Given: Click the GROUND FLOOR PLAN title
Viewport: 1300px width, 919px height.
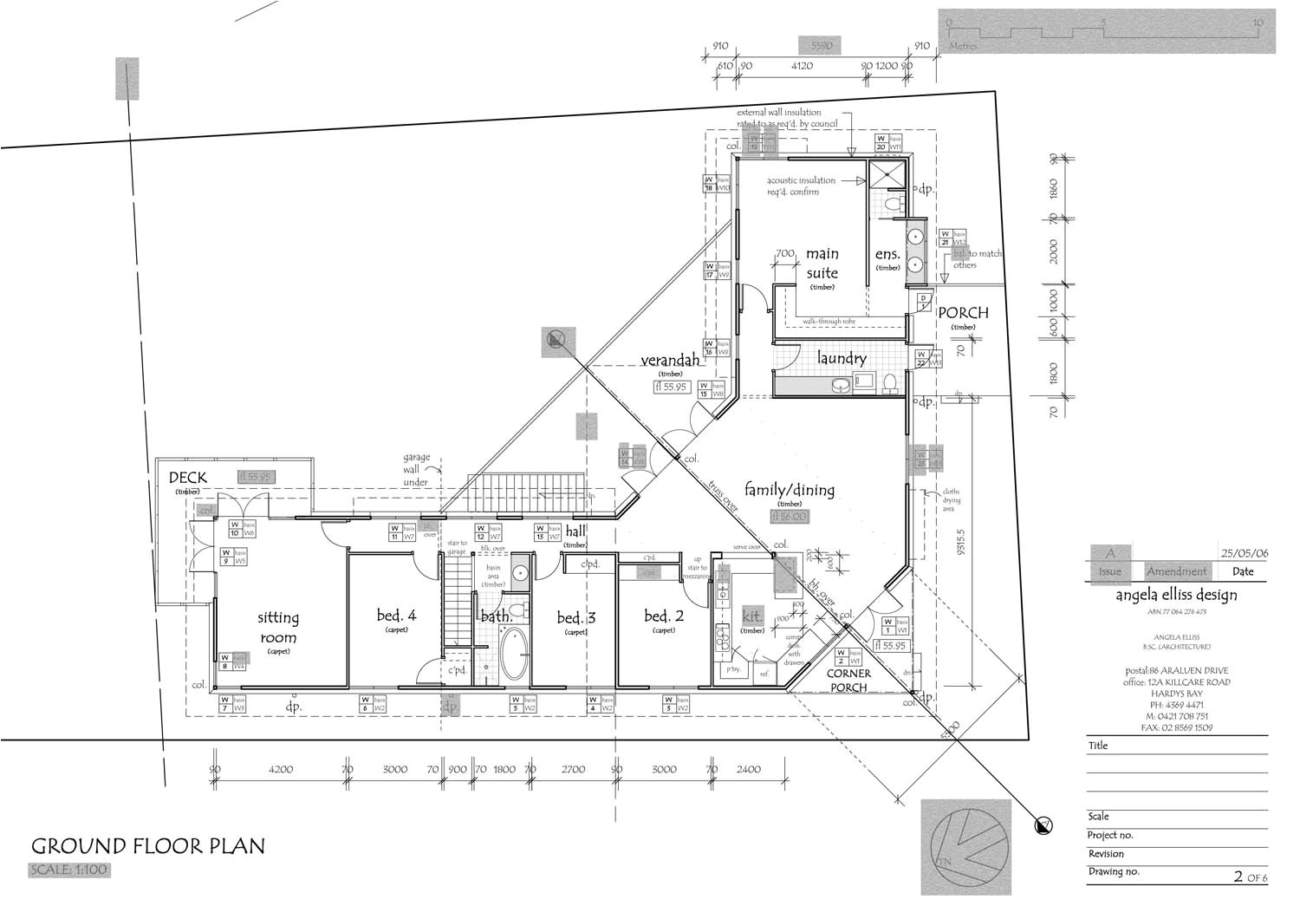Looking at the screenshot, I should point(148,846).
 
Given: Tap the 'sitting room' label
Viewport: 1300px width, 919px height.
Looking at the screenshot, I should point(278,628).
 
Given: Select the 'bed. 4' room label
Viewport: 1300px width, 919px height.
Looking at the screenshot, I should point(396,616).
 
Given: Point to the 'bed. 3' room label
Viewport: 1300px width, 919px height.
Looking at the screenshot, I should point(575,617).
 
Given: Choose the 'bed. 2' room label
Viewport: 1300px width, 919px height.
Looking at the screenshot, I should point(664,616).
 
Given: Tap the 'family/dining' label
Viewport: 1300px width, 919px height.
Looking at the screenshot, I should point(789,490).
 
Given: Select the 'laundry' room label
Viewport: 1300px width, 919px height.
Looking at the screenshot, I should point(841,358).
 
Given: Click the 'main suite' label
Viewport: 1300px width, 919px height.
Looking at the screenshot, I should point(822,263).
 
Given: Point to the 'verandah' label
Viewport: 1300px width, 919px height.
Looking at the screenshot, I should point(670,360).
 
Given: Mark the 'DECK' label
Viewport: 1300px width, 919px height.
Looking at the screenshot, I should point(188,478).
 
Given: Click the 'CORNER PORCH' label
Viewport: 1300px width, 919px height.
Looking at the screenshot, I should point(848,681).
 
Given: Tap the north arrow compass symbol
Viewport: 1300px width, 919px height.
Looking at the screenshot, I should point(965,847).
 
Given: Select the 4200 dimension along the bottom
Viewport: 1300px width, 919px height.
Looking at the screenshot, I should point(281,769).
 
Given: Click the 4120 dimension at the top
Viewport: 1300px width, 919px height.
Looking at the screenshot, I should point(802,66).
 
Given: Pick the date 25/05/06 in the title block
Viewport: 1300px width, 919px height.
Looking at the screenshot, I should point(1244,553).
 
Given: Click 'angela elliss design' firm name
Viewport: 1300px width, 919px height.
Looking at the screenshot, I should point(1176,595).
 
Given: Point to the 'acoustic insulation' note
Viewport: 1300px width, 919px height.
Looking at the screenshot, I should point(801,186).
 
